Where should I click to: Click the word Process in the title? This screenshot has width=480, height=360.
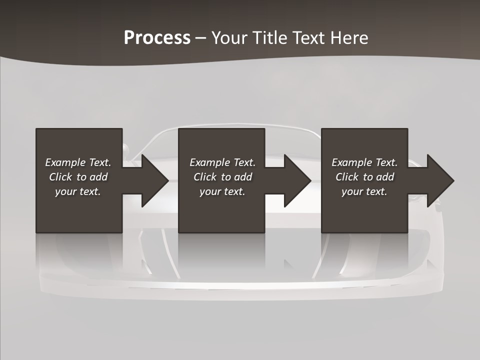(157, 38)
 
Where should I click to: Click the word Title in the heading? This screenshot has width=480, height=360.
(270, 38)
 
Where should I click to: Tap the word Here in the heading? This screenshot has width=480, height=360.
(349, 38)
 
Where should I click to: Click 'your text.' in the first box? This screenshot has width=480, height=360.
(78, 191)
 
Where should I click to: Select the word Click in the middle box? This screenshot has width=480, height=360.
(205, 177)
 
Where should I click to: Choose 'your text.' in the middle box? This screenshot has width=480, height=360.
(222, 191)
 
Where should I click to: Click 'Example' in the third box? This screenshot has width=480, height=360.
(351, 162)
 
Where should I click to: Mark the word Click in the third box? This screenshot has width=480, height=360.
(347, 177)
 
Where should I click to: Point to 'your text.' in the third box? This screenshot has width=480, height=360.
(364, 191)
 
